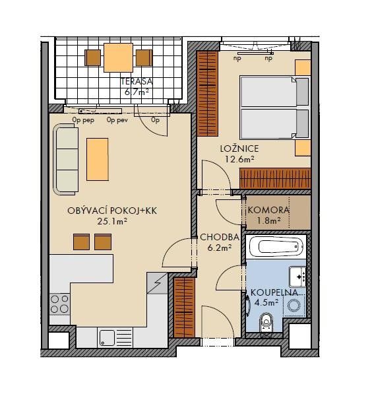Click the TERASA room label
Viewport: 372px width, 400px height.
pos(137,81)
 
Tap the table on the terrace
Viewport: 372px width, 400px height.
pos(118,57)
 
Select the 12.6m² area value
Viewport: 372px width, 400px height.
pos(239,160)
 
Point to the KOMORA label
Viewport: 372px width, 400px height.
pos(268,210)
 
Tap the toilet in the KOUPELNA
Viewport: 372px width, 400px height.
pos(266,323)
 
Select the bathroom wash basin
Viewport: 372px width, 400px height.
pos(297,277)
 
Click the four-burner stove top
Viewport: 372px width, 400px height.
pos(60,304)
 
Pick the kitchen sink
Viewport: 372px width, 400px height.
pos(115,337)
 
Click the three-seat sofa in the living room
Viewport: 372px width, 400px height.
pos(65,160)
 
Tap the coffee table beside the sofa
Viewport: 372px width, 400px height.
pos(98,160)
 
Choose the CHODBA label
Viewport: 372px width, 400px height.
pos(220,237)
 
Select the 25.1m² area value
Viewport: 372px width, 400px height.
pos(112,221)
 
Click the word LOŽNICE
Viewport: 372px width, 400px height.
pos(239,149)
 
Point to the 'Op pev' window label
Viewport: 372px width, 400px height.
pos(117,120)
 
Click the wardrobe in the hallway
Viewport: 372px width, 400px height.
pos(184,308)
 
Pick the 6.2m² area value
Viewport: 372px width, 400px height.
pos(220,248)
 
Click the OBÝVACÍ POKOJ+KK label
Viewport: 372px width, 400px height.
pos(112,211)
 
